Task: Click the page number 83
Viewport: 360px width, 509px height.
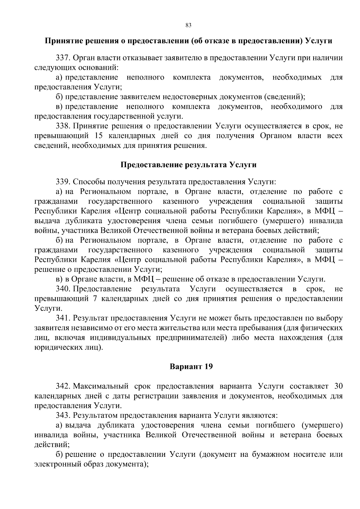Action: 188,25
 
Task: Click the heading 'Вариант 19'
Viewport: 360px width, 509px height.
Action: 191,367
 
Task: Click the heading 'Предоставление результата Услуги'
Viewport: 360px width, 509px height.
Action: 188,165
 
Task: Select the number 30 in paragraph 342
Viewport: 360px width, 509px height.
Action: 338,386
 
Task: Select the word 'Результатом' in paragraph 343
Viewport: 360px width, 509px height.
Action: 95,415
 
